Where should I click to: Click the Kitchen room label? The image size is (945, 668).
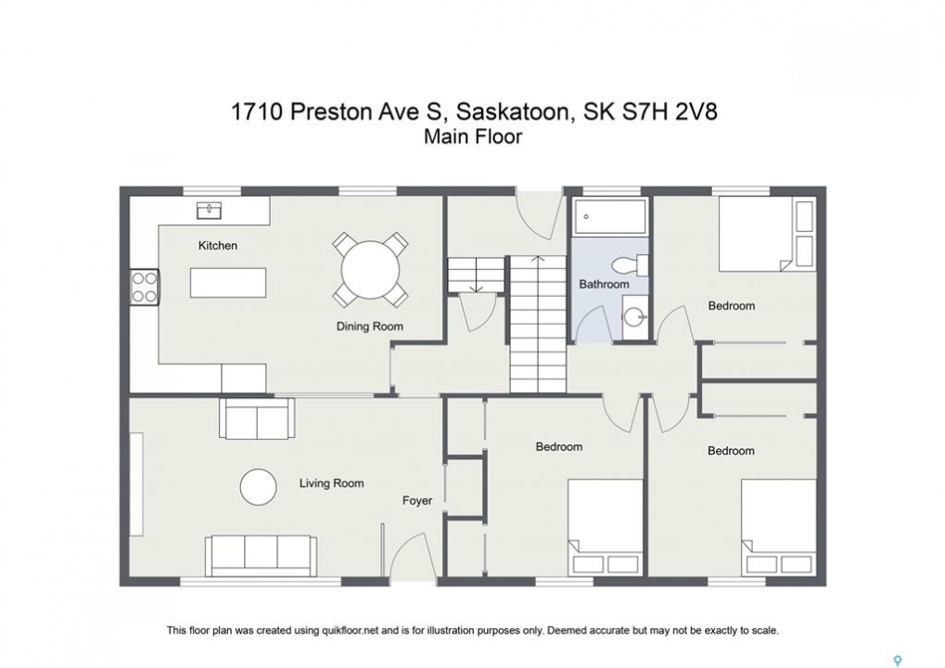pyautogui.click(x=218, y=245)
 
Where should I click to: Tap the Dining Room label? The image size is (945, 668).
pyautogui.click(x=369, y=327)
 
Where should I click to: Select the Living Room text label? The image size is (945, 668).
pyautogui.click(x=331, y=483)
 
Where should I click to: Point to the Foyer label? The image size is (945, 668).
pyautogui.click(x=417, y=500)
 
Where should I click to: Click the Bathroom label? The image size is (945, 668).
pyautogui.click(x=604, y=284)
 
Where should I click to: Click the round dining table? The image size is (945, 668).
pyautogui.click(x=370, y=269)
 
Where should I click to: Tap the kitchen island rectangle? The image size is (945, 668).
pyautogui.click(x=228, y=283)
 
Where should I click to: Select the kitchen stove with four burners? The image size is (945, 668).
pyautogui.click(x=145, y=287)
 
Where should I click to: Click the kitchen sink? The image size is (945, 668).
pyautogui.click(x=210, y=211)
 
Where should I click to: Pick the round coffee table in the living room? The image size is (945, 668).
pyautogui.click(x=259, y=487)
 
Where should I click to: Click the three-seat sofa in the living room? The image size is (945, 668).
pyautogui.click(x=261, y=555)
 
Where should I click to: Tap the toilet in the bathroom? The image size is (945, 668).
pyautogui.click(x=630, y=264)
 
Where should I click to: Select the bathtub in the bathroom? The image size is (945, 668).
pyautogui.click(x=610, y=216)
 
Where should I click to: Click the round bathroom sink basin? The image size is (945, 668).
pyautogui.click(x=633, y=316)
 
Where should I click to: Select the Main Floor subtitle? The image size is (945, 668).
pyautogui.click(x=473, y=137)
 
